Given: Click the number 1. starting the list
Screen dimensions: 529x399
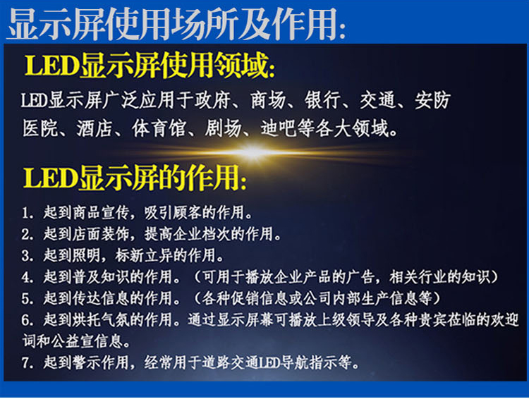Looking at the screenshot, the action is (x=28, y=213).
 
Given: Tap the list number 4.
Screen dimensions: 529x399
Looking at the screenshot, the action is (x=28, y=277).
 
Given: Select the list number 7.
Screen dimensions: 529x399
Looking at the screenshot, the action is (x=28, y=363).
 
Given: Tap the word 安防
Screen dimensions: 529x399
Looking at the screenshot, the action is (x=433, y=100).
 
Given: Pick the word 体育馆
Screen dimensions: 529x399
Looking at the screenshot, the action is (x=159, y=128).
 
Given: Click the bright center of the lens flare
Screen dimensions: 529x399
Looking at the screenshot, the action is (x=252, y=152).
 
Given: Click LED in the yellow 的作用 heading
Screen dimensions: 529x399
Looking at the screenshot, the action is (x=51, y=178).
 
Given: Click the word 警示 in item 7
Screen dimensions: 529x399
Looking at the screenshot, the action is (x=86, y=363).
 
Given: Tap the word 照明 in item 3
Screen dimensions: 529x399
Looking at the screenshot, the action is (x=86, y=256).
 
